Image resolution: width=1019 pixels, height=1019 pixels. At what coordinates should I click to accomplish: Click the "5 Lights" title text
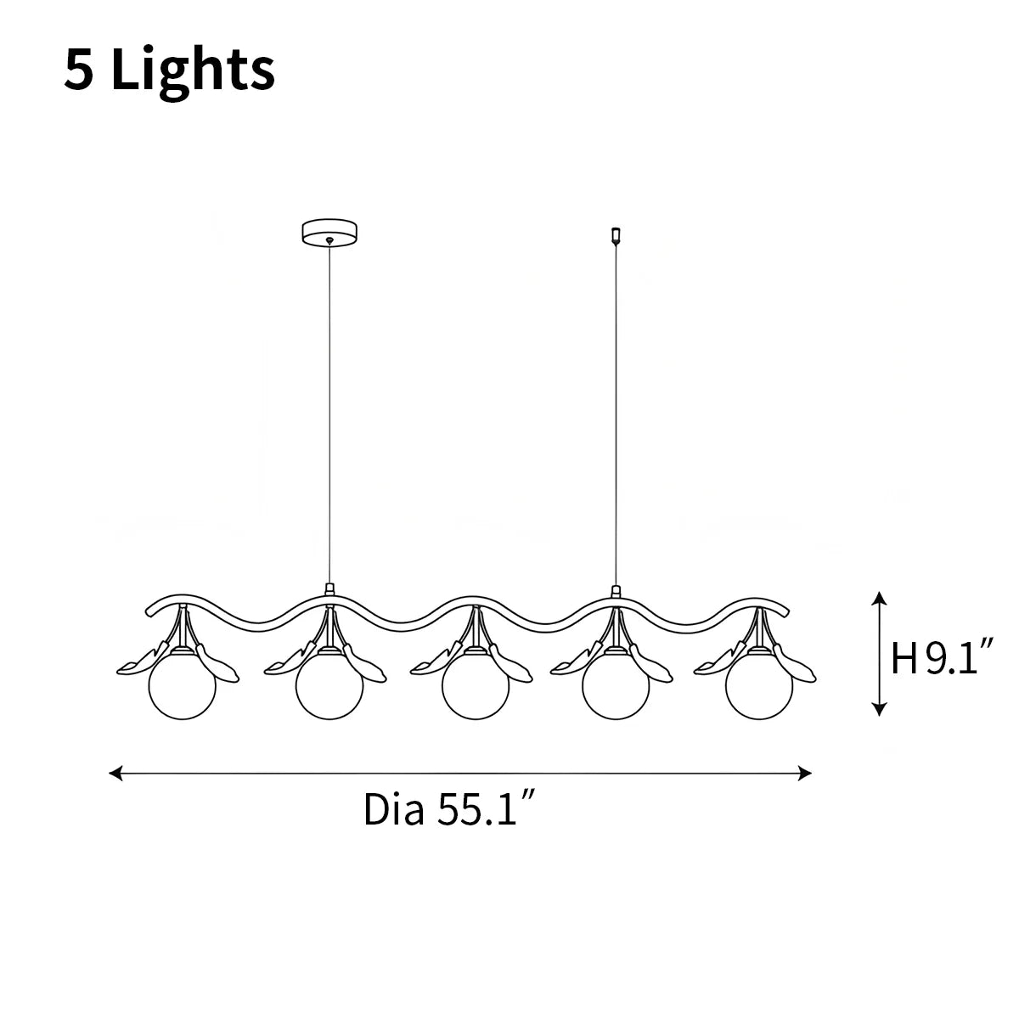(x=169, y=70)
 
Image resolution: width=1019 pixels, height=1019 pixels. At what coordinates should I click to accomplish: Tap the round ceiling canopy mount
(x=329, y=232)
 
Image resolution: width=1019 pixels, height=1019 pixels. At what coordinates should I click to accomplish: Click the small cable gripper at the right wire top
(x=616, y=236)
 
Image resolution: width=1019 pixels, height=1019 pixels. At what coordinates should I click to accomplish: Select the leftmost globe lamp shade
(x=183, y=686)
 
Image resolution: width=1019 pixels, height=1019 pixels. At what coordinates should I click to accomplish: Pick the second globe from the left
(x=329, y=686)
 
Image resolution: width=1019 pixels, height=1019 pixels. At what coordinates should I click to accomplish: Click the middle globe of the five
(x=476, y=686)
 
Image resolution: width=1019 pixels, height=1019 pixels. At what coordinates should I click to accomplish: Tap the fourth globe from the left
(x=616, y=686)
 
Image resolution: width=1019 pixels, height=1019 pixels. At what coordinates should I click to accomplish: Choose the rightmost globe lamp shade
(x=759, y=686)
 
